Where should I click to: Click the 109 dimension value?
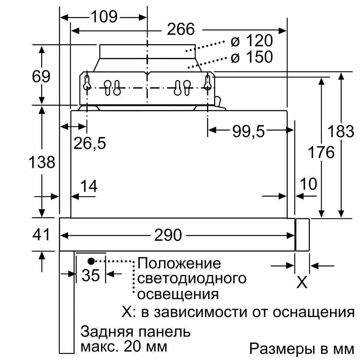pyautogui.click(x=104, y=17)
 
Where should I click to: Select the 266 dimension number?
pyautogui.click(x=181, y=29)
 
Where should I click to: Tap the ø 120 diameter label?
pyautogui.click(x=252, y=40)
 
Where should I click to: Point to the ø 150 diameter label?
pyautogui.click(x=252, y=57)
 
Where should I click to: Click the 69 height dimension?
pyautogui.click(x=41, y=76)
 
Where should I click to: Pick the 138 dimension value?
pyautogui.click(x=42, y=162)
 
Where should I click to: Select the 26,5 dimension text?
pyautogui.click(x=90, y=143)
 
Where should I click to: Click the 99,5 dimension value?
pyautogui.click(x=249, y=131)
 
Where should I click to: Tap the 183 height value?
pyautogui.click(x=341, y=131)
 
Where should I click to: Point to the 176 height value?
pyautogui.click(x=321, y=152)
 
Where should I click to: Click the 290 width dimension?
pyautogui.click(x=168, y=235)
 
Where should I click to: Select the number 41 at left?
pyautogui.click(x=41, y=235)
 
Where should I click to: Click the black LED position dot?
pyautogui.click(x=91, y=261)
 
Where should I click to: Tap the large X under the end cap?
pyautogui.click(x=302, y=282)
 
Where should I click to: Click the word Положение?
pyautogui.click(x=179, y=264)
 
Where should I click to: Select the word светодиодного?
pyautogui.click(x=192, y=279)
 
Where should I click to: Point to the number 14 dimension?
pyautogui.click(x=89, y=186)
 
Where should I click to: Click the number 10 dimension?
pyautogui.click(x=309, y=184)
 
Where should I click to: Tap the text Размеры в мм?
pyautogui.click(x=302, y=348)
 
